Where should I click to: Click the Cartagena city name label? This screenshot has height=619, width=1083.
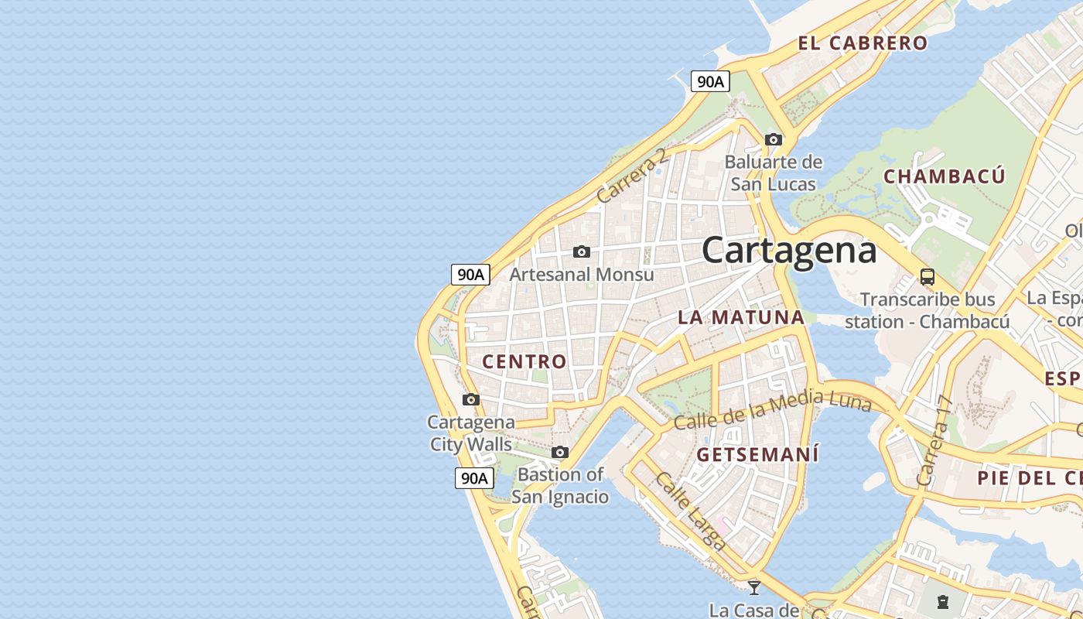click(789, 250)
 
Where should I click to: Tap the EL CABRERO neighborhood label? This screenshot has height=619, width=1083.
click(863, 43)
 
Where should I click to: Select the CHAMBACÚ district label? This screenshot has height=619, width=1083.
click(945, 176)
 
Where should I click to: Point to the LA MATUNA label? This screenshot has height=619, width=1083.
click(741, 317)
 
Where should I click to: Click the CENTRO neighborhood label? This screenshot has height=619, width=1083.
click(524, 361)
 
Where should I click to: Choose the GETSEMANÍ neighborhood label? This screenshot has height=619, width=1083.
click(757, 454)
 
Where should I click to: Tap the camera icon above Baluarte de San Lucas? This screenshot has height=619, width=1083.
click(774, 140)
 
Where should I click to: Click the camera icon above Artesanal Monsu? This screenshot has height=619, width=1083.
click(582, 252)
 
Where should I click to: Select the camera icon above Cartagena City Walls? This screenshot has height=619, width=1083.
click(471, 400)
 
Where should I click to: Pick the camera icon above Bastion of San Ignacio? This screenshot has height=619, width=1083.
click(560, 453)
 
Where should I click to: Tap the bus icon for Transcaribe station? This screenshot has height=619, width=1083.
click(927, 276)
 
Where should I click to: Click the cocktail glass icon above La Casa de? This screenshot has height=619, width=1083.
click(754, 587)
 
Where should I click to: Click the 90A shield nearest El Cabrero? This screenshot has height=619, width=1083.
click(710, 81)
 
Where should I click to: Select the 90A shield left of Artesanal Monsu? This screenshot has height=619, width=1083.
click(470, 274)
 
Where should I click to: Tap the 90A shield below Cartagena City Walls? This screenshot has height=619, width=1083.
click(473, 478)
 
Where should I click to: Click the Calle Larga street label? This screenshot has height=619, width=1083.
click(690, 511)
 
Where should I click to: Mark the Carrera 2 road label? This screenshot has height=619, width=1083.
click(631, 176)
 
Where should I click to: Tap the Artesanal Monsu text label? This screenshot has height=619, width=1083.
click(582, 275)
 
